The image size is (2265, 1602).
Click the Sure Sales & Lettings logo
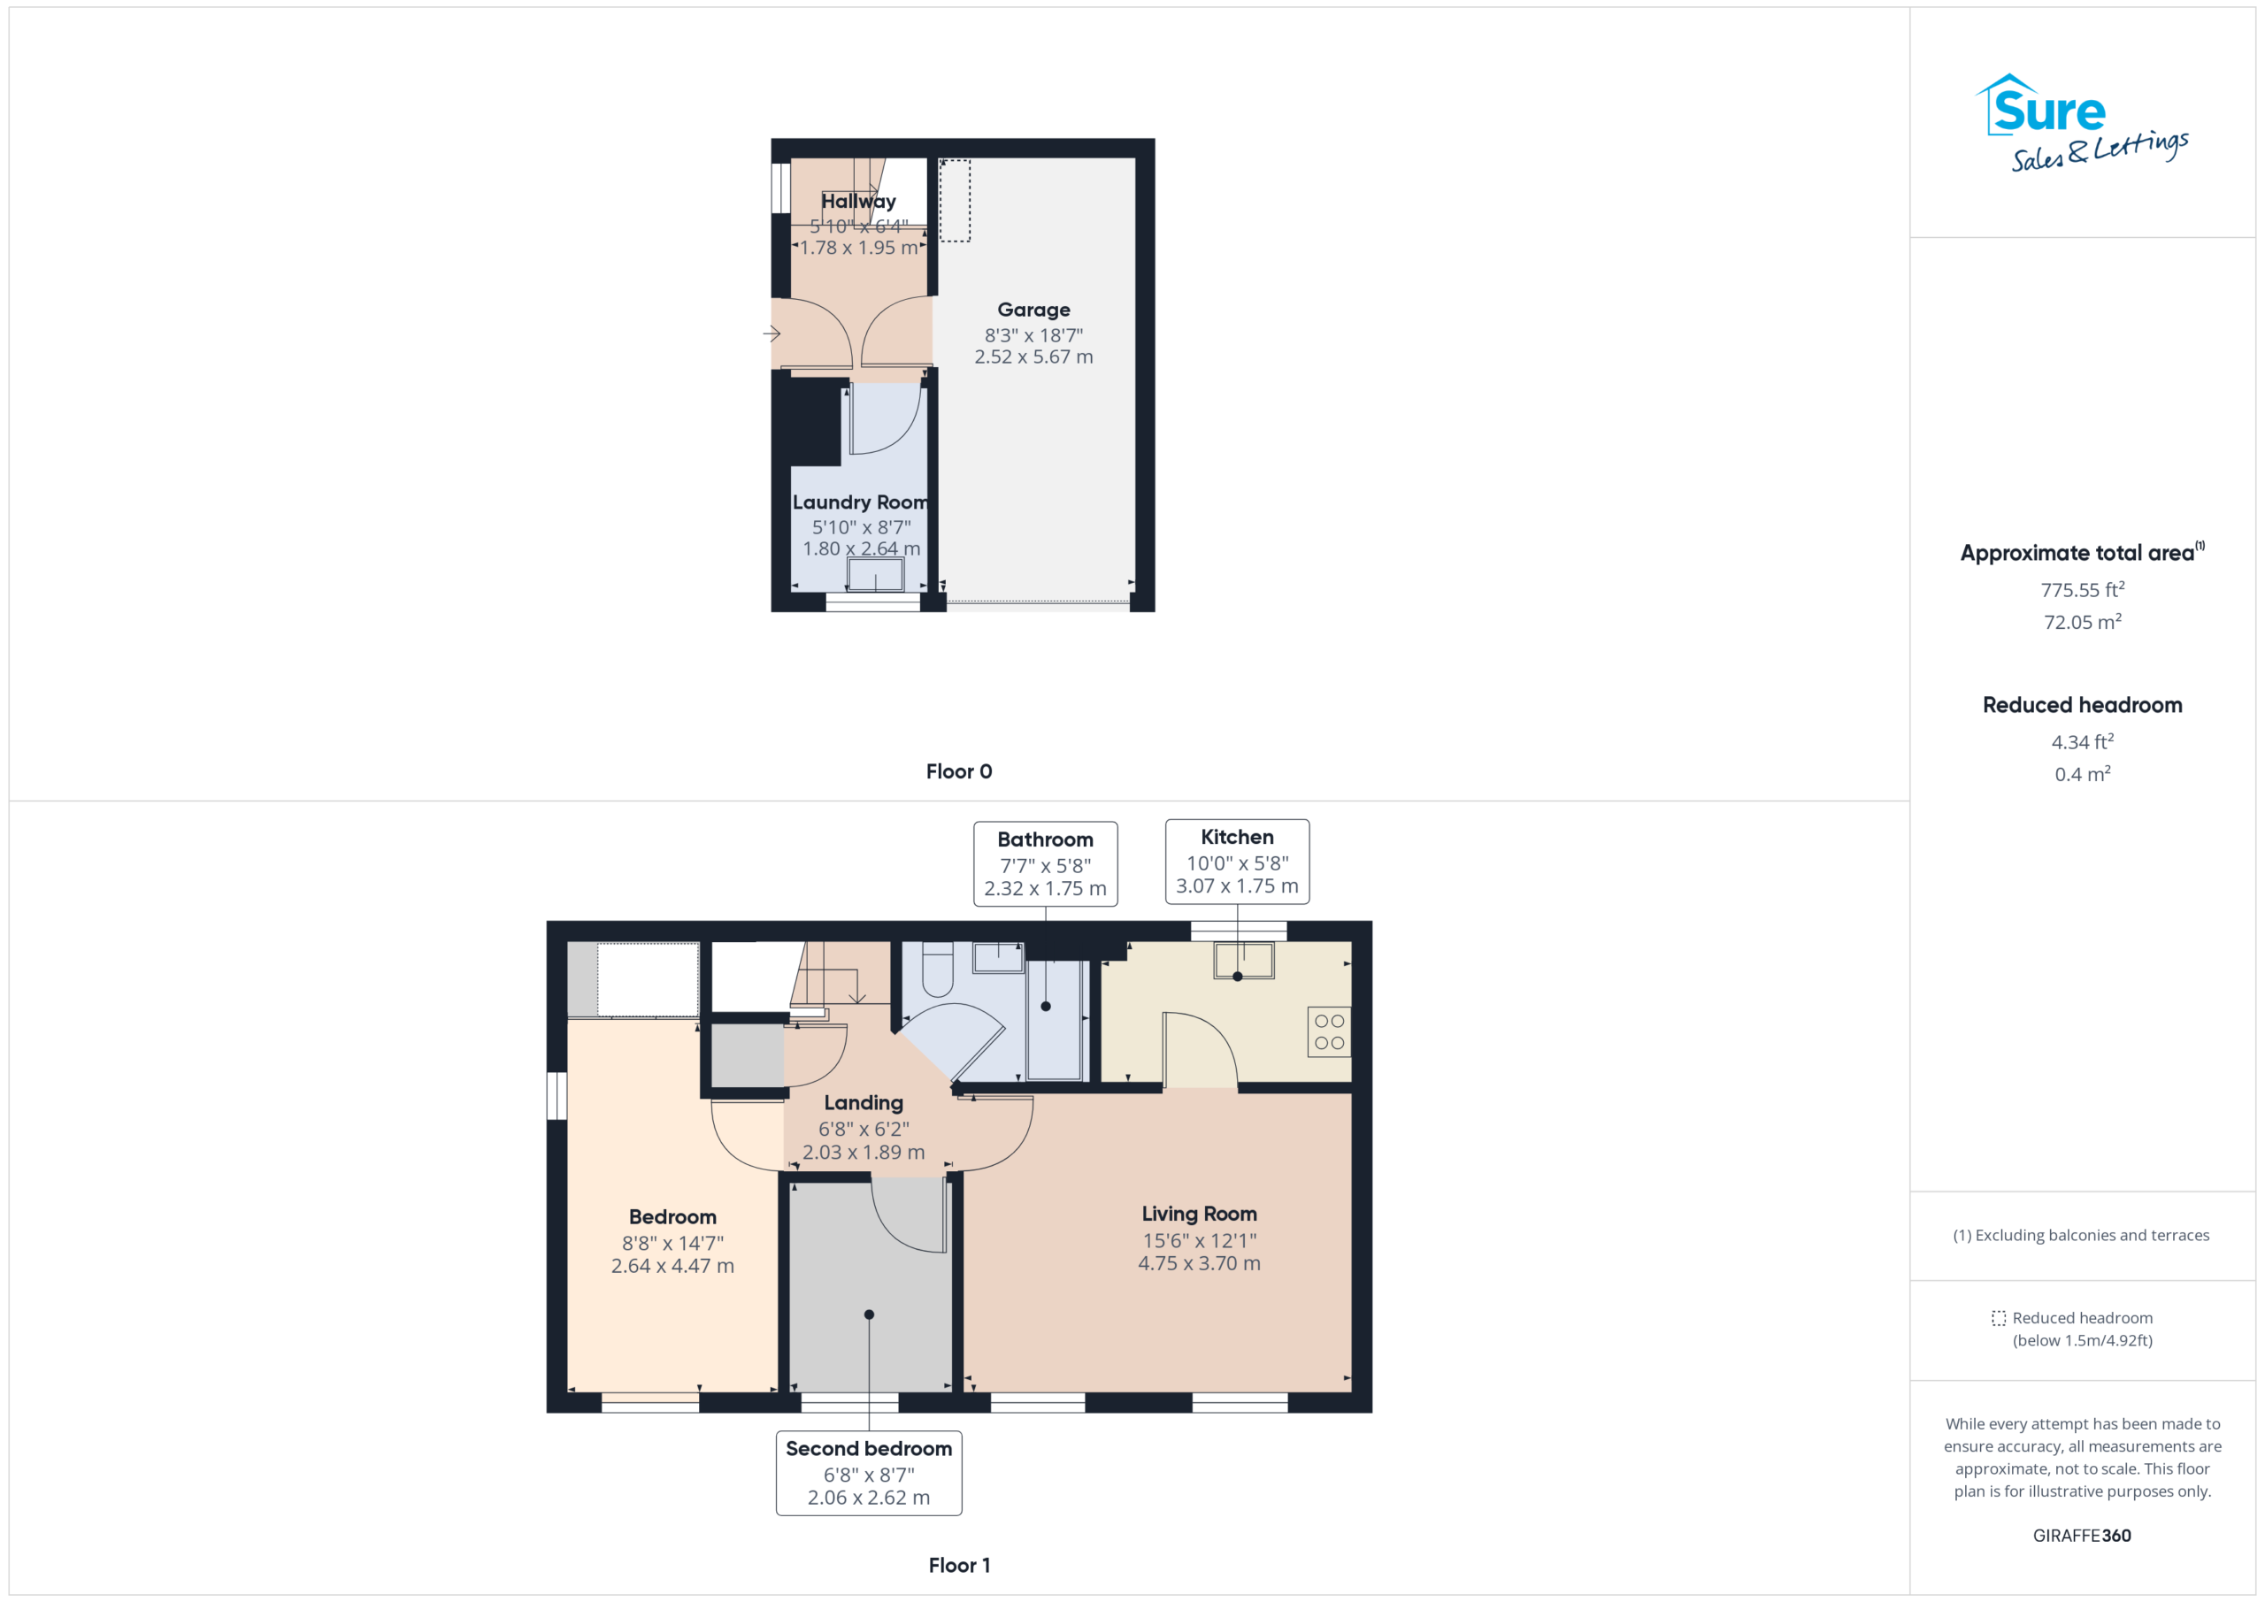[2082, 123]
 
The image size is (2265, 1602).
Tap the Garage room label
[1033, 310]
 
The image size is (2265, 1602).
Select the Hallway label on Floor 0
[858, 201]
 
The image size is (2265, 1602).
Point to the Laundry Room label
[860, 502]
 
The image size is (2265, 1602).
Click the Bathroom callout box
[1045, 864]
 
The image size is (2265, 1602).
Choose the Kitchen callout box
[1237, 862]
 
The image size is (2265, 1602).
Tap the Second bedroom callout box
[869, 1473]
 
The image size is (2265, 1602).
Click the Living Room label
[1199, 1215]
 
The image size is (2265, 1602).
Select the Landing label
[864, 1103]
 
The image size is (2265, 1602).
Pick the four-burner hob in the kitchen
[1329, 1031]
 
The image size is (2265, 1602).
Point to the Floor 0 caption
[959, 771]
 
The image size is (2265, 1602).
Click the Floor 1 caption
[959, 1566]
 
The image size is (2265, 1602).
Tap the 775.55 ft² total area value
[2082, 589]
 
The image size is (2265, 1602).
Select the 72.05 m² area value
[2082, 622]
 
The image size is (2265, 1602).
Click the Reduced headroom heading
[2082, 705]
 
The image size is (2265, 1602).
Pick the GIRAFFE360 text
[2082, 1536]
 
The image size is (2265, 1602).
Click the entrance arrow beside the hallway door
[772, 334]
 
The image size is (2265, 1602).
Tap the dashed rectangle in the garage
[954, 200]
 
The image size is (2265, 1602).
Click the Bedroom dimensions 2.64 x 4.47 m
[672, 1266]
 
